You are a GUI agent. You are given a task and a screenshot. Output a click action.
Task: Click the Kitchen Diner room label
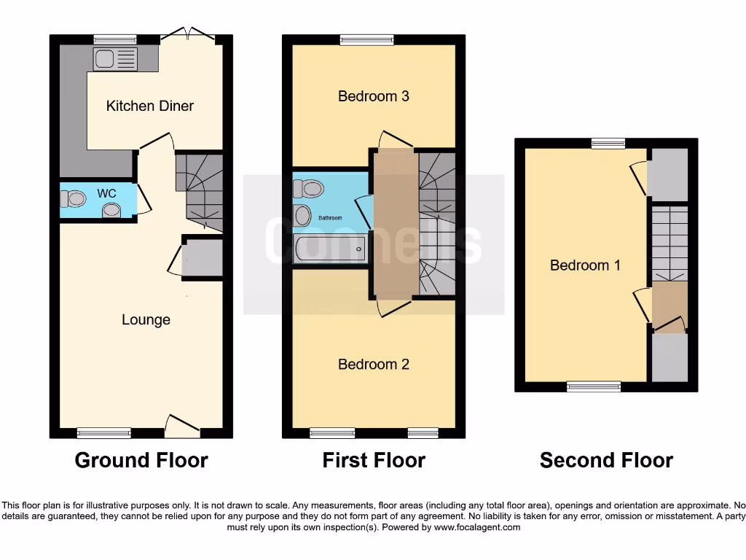[x=150, y=106]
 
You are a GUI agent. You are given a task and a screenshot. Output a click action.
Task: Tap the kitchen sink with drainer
[x=115, y=59]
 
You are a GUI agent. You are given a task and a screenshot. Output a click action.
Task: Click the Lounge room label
[x=146, y=319]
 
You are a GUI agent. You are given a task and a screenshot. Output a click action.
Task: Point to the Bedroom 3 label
[x=373, y=96]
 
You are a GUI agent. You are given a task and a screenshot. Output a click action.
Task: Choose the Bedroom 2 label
[x=373, y=364]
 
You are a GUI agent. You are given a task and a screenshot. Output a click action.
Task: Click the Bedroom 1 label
[x=585, y=265]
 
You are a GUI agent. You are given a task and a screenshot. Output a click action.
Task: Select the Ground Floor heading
[x=141, y=460]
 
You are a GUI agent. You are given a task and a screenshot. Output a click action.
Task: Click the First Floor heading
[x=374, y=460]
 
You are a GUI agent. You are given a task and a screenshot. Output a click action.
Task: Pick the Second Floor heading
[x=606, y=460]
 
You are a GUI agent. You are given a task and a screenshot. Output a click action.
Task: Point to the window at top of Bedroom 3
[x=366, y=40]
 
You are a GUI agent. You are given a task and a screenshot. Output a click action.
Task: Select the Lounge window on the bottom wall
[x=104, y=433]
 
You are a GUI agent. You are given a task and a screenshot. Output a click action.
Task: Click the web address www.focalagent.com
[x=478, y=527]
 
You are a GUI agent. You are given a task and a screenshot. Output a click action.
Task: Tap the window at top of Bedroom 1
[x=608, y=144]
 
